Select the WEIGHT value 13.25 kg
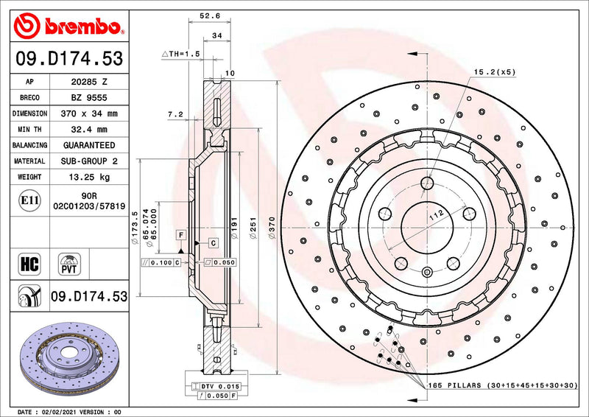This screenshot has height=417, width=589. click(88, 177)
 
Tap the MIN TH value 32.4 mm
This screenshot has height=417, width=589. click(88, 130)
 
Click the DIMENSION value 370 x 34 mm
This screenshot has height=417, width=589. click(88, 114)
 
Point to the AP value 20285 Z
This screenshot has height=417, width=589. click(88, 82)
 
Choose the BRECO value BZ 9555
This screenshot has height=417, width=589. click(88, 98)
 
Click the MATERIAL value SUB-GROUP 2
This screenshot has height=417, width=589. click(88, 161)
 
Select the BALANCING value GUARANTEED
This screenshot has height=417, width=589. click(88, 145)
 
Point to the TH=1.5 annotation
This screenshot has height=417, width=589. click(181, 55)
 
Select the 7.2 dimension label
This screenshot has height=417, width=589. click(175, 115)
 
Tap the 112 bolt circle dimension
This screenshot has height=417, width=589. click(436, 214)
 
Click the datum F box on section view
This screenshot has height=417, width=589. click(179, 234)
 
